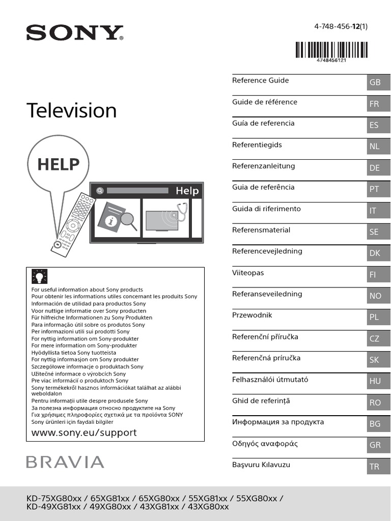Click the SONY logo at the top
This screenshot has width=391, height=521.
(x=75, y=33)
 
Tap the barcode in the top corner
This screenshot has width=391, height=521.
(x=331, y=51)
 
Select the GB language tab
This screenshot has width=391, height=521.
(x=375, y=82)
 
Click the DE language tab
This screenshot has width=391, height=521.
(x=375, y=168)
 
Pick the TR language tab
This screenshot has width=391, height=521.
(x=375, y=467)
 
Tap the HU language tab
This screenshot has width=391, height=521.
(x=375, y=381)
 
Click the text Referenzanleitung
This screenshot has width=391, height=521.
(x=263, y=166)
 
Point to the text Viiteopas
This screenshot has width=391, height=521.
(x=248, y=273)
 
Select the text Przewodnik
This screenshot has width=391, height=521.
(x=252, y=315)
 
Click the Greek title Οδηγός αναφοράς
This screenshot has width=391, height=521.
(x=265, y=444)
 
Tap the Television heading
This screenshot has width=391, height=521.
(x=71, y=110)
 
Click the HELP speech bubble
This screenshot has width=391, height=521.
(x=58, y=164)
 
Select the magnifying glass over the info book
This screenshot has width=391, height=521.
(x=126, y=221)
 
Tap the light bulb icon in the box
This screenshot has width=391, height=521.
(x=39, y=276)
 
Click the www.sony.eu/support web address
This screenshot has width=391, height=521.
(x=84, y=432)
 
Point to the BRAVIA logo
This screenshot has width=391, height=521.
(x=65, y=462)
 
